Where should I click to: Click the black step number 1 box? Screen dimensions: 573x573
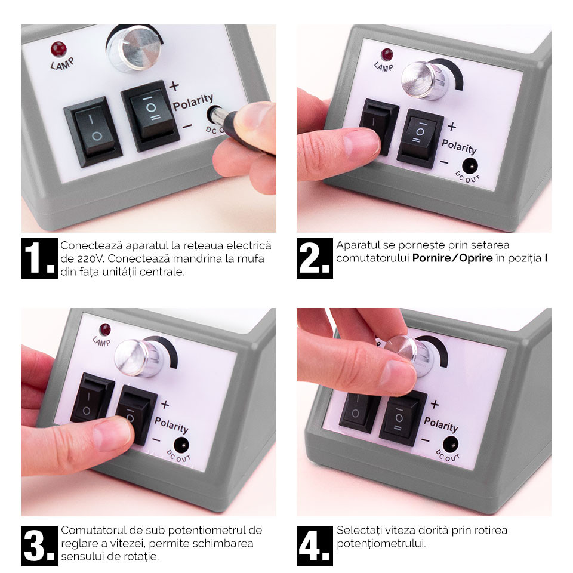point(39,258)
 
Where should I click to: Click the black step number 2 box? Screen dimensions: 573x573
point(315,258)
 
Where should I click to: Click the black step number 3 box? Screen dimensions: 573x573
point(39,546)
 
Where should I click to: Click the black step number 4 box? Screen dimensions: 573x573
point(315,546)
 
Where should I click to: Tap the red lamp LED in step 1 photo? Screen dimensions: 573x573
point(58,50)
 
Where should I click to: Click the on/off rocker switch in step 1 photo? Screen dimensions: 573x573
point(93,131)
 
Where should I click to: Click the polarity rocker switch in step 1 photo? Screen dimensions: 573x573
point(150,115)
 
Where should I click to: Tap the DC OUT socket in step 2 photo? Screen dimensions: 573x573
point(470,167)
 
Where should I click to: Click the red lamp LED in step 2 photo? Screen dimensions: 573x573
point(387,55)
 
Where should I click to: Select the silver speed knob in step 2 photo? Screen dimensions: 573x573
point(424,81)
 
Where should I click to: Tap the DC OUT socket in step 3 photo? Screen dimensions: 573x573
point(181,445)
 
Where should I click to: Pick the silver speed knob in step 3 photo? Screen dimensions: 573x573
point(137,358)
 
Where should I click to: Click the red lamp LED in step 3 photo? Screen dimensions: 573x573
point(105,329)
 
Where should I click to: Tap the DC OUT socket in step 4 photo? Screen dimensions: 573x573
point(450,444)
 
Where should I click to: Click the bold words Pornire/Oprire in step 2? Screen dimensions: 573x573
point(452,258)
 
